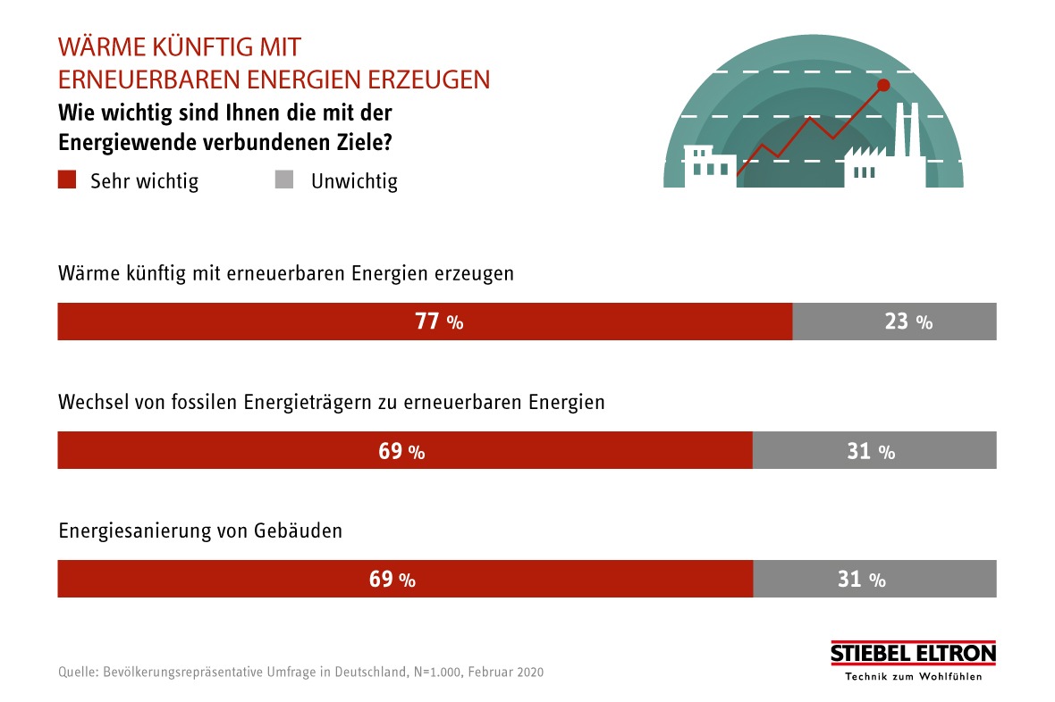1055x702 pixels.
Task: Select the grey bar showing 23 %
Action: tap(894, 322)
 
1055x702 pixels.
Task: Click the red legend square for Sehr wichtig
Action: tap(67, 180)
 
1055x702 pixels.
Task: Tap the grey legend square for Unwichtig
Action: tap(284, 180)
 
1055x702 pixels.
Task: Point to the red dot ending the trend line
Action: tap(883, 86)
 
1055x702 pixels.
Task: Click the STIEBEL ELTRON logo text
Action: tap(913, 654)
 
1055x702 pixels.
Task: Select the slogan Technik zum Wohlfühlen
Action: tap(913, 676)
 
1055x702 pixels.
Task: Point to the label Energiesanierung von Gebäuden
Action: tap(200, 530)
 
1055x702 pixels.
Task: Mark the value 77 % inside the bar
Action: tap(439, 322)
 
